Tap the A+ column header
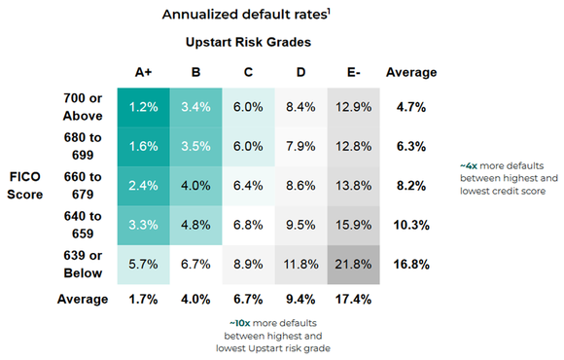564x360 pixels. tap(144, 72)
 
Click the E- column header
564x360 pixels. tap(352, 72)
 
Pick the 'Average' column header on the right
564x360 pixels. tap(411, 72)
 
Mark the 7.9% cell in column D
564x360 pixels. tap(300, 146)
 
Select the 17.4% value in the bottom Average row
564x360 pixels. tap(352, 299)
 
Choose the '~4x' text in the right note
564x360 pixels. tap(468, 166)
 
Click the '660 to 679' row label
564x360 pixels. tap(83, 186)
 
